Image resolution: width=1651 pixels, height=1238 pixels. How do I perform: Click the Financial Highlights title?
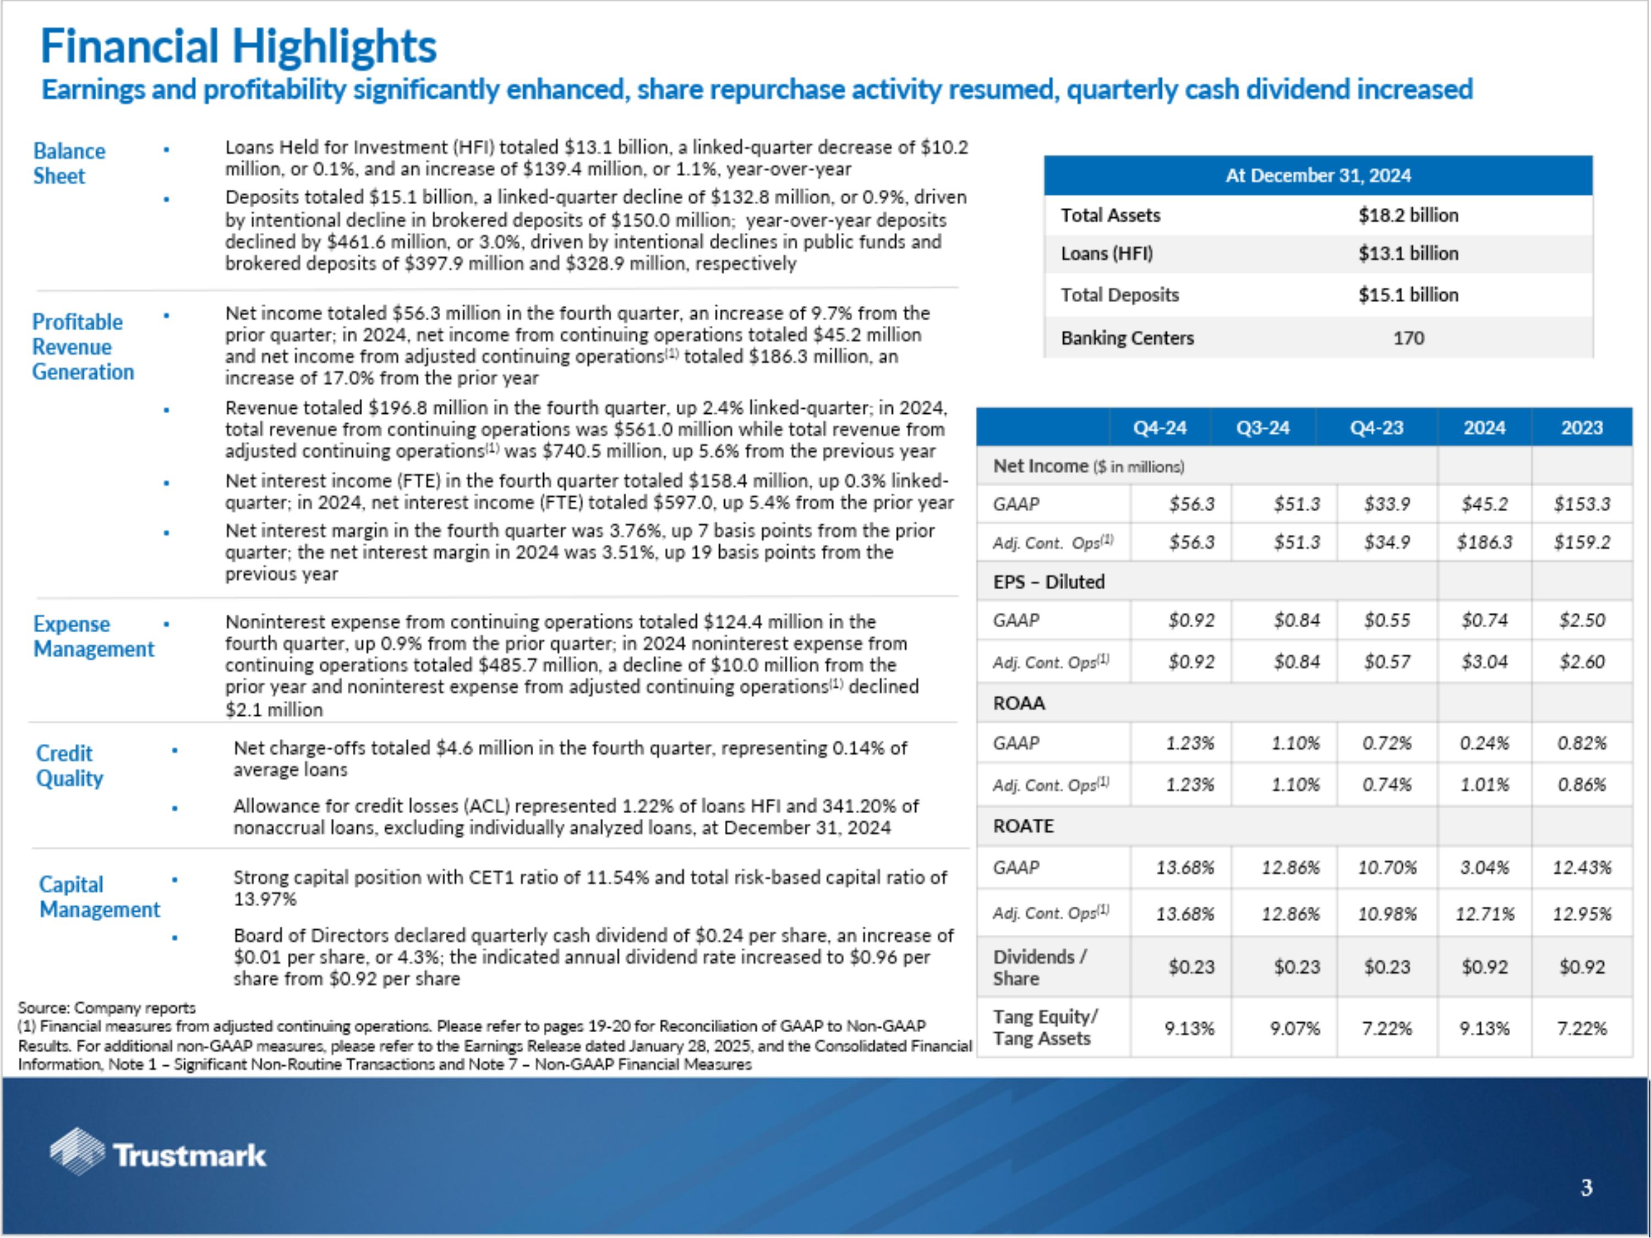point(238,46)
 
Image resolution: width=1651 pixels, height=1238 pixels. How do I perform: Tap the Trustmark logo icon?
point(77,1152)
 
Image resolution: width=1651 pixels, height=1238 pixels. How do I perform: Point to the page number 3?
point(1586,1188)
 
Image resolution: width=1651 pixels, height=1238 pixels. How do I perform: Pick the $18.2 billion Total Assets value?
point(1408,216)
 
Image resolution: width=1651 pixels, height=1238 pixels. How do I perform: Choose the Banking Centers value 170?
point(1408,338)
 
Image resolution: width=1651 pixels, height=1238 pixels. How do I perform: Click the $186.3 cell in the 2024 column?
point(1484,542)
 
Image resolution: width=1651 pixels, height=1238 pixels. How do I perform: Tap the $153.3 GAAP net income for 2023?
point(1582,503)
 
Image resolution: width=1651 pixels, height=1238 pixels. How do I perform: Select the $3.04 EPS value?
point(1484,661)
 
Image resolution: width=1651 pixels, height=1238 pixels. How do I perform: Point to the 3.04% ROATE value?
point(1484,867)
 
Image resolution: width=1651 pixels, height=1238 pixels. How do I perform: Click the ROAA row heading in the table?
point(1019,703)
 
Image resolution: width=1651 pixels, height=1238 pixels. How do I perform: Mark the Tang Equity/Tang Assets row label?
point(1044,1028)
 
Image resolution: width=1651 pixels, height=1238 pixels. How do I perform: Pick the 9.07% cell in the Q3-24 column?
point(1294,1028)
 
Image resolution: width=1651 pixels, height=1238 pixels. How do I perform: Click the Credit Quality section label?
point(69,766)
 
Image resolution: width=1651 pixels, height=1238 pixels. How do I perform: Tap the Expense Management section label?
point(94,637)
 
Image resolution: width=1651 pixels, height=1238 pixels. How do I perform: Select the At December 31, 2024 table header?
point(1317,176)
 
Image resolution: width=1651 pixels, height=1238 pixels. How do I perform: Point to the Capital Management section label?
point(99,897)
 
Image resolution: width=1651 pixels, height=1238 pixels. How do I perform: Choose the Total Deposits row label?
point(1119,295)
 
